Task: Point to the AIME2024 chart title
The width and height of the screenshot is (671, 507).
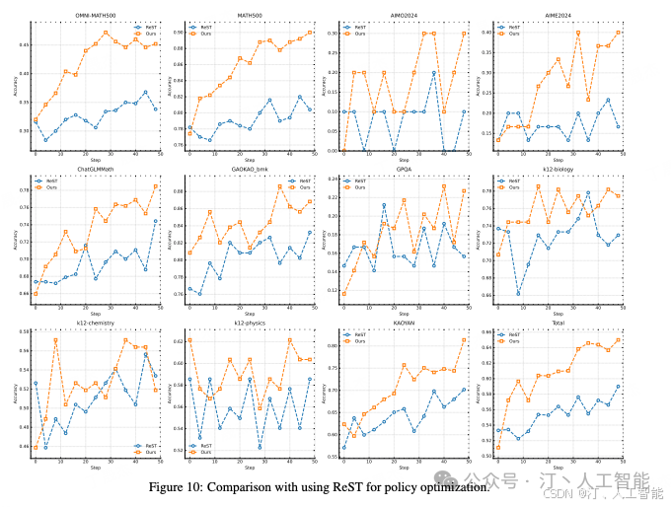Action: click(558, 16)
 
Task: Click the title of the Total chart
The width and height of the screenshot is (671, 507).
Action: click(558, 324)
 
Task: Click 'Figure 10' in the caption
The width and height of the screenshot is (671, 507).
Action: click(175, 487)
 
